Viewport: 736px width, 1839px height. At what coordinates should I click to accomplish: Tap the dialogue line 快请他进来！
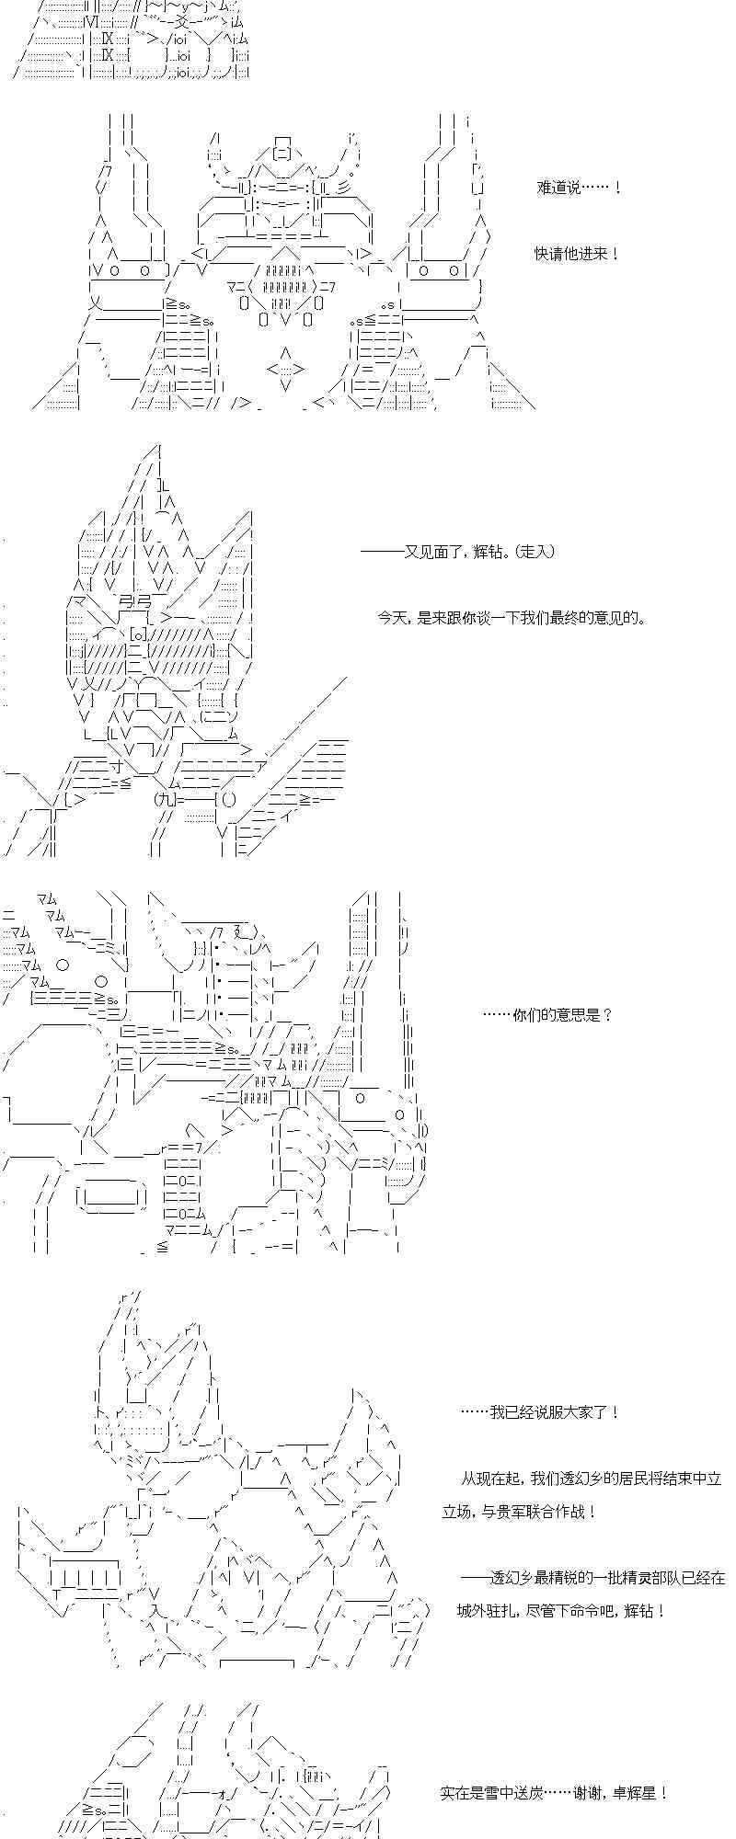click(x=577, y=254)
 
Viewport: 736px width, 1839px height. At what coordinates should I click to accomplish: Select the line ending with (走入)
click(x=457, y=552)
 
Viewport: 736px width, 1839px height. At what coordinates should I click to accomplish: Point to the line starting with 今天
click(x=512, y=618)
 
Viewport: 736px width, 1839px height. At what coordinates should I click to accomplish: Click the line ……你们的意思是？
click(x=547, y=1015)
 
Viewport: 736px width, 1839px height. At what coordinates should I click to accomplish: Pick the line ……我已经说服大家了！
click(x=541, y=1412)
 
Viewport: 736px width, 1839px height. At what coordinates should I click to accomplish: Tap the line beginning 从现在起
click(x=592, y=1479)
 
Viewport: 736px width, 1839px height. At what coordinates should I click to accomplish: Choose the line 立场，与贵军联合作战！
click(x=520, y=1512)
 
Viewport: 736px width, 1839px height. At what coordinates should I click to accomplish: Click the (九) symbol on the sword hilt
click(x=166, y=799)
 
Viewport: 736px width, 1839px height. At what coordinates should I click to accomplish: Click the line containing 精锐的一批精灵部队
click(x=593, y=1578)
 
